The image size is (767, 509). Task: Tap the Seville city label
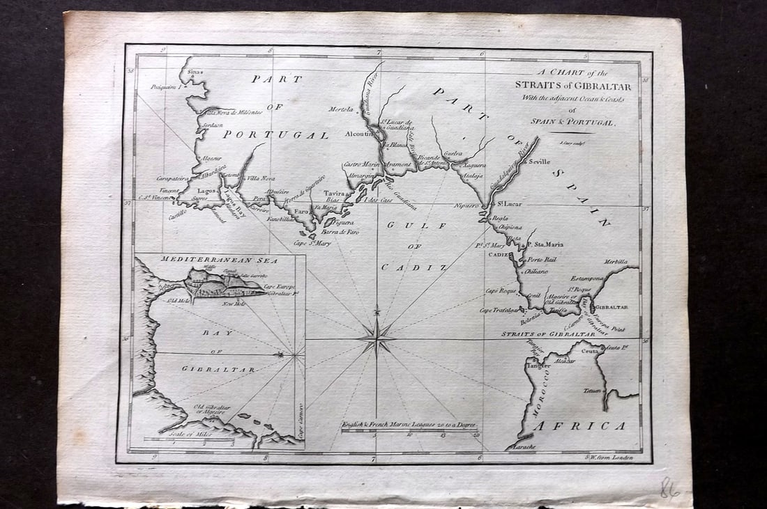point(540,161)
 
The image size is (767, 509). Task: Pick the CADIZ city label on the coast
point(499,256)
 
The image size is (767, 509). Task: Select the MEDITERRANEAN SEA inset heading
point(219,260)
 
